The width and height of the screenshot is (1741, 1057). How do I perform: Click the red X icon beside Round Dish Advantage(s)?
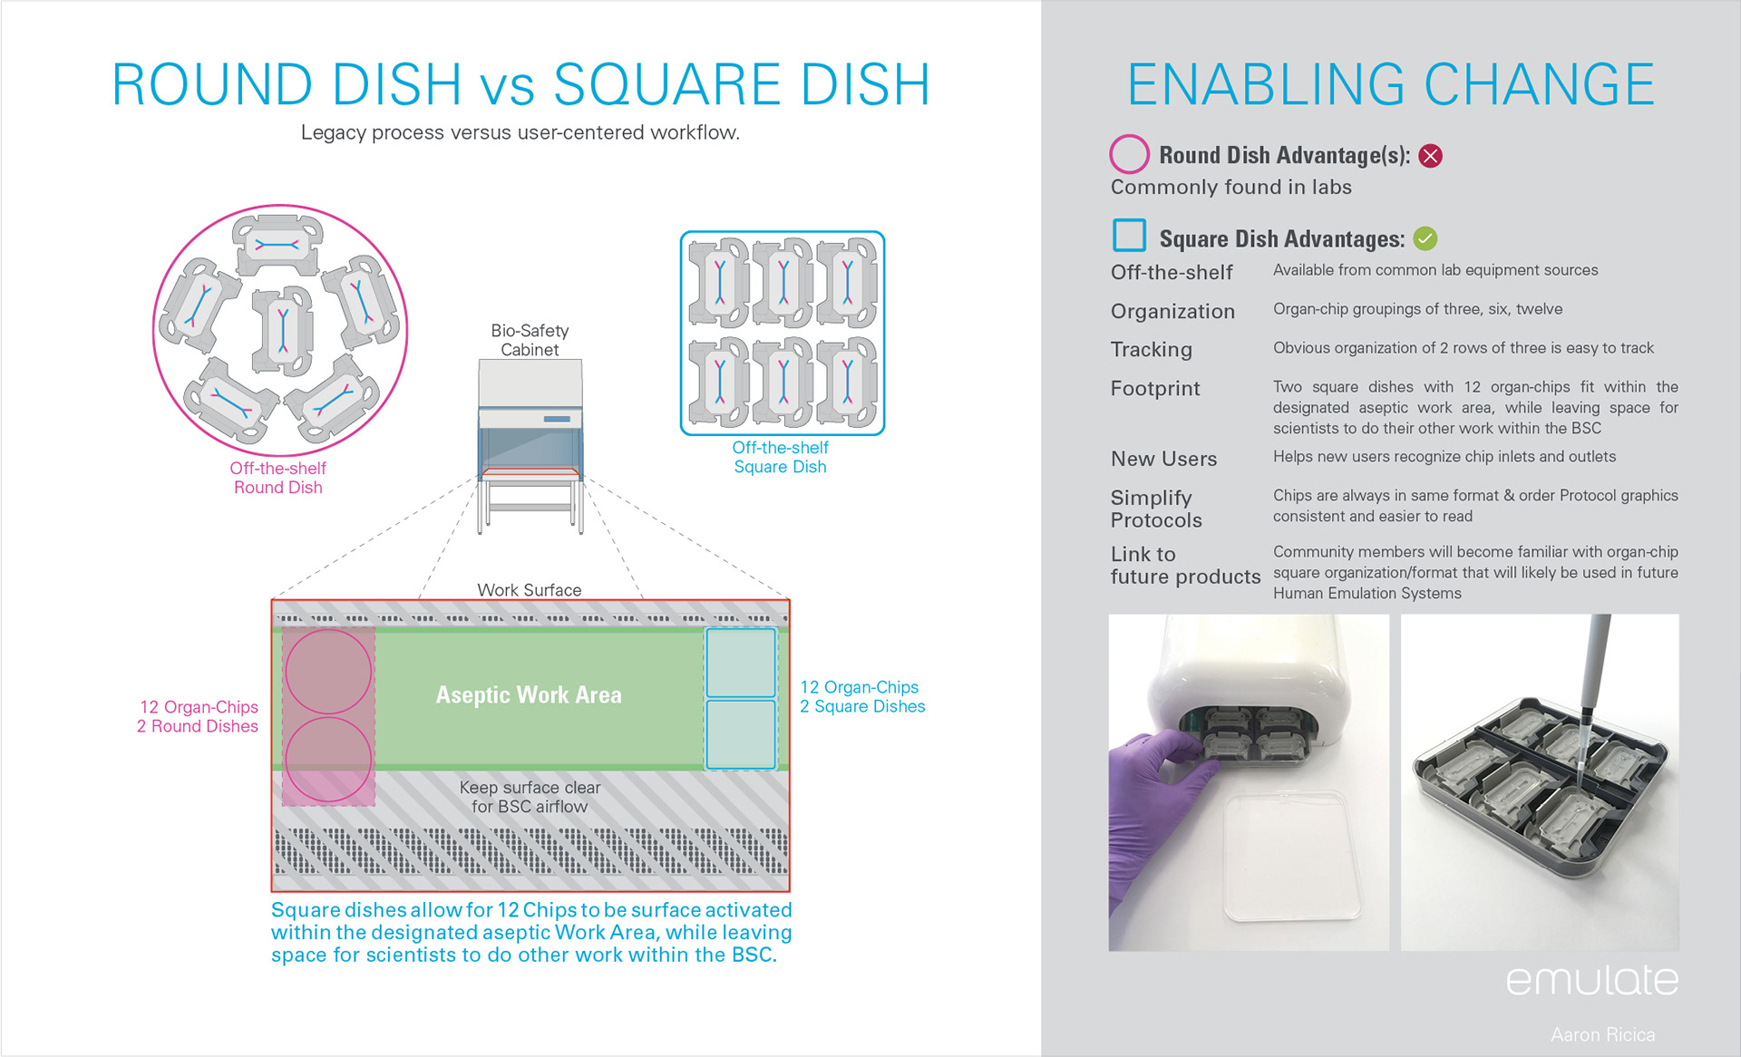[x=1430, y=156]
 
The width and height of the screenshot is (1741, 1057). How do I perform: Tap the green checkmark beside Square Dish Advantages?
[x=1425, y=238]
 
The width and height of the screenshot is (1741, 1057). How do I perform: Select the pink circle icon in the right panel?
[x=1129, y=154]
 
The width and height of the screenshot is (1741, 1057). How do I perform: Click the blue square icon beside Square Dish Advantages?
[x=1130, y=235]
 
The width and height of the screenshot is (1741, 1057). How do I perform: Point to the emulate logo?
[x=1592, y=979]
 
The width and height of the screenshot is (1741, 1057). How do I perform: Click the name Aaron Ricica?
[x=1602, y=1034]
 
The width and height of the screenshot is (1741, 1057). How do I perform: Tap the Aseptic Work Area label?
[x=529, y=695]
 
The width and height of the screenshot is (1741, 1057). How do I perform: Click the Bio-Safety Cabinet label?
[x=530, y=340]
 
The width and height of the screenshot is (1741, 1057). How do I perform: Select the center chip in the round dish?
[x=283, y=331]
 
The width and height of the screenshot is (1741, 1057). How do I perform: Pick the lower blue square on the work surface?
[x=741, y=734]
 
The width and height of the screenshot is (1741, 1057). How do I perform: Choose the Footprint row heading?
[x=1155, y=389]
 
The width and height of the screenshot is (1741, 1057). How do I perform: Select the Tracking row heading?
[x=1152, y=350]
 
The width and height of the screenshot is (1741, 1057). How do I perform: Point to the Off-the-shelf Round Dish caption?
[x=277, y=478]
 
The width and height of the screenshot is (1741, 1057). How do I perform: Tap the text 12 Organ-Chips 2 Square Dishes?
[x=862, y=697]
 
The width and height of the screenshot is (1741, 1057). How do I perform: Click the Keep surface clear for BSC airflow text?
[x=530, y=797]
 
